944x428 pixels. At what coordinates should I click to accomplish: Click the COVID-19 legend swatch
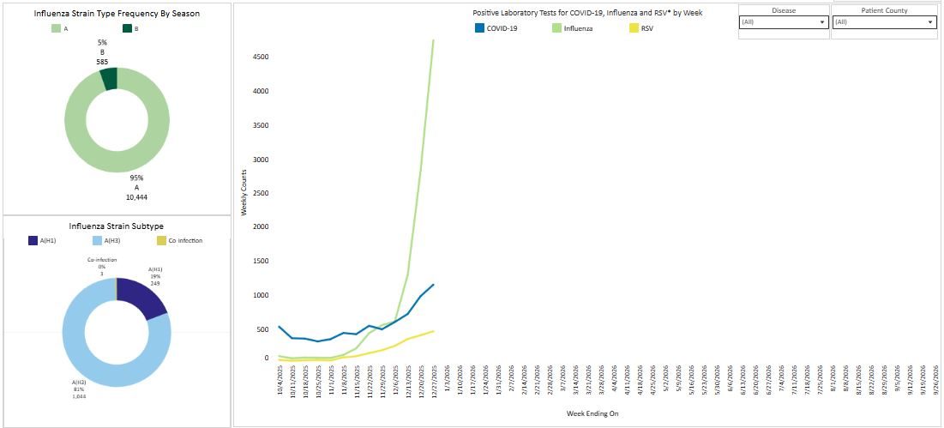(x=479, y=28)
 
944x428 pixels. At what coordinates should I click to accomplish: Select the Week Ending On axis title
(x=592, y=413)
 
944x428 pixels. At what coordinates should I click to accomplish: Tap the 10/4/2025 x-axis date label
(x=280, y=379)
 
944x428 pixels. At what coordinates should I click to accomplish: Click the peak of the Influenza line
(x=433, y=39)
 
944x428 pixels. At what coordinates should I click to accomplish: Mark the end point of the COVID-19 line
(x=433, y=285)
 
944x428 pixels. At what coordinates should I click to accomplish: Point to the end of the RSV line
(x=433, y=331)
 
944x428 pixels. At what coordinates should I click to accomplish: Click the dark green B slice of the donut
(x=108, y=78)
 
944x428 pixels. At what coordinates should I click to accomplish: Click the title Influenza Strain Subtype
(x=117, y=226)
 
